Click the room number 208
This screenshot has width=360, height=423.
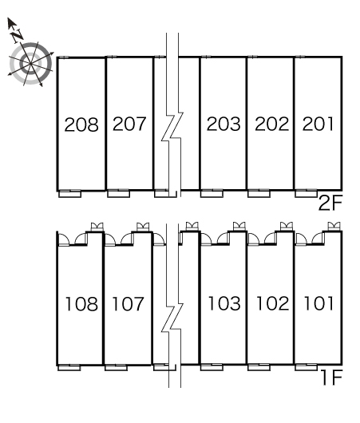(81, 125)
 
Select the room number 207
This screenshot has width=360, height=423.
(129, 124)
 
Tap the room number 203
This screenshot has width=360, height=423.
(224, 124)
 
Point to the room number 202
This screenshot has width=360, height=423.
(271, 124)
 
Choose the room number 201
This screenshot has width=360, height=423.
(318, 124)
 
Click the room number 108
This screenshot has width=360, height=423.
(81, 304)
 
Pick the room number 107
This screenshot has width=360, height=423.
(129, 303)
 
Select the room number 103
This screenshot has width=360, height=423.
(224, 303)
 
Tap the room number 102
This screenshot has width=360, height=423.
(272, 303)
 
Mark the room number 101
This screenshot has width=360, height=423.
(318, 303)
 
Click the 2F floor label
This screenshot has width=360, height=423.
(330, 204)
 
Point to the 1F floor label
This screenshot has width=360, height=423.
(332, 378)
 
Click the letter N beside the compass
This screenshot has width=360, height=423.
(18, 36)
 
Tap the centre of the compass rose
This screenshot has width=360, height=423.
(30, 64)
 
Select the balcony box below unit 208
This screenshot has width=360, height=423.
(70, 194)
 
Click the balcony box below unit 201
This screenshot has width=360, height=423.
(306, 194)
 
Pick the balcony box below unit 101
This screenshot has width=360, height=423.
(306, 367)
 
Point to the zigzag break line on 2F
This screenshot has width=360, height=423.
(172, 127)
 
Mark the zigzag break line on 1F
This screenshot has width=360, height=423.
(172, 318)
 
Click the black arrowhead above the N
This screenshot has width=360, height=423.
(11, 23)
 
